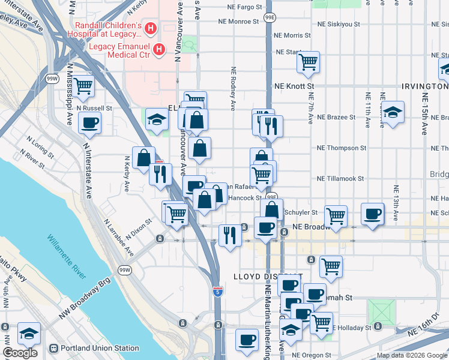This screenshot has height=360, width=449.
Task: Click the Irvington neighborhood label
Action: point(424,86)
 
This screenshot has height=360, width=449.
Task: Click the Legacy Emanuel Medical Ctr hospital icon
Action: point(159,49)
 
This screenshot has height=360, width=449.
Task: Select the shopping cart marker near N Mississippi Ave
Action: point(83,86)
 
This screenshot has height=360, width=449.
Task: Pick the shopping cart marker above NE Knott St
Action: point(308,61)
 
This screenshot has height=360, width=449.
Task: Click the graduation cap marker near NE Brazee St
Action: point(393,112)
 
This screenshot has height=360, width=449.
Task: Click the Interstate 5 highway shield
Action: point(218,292)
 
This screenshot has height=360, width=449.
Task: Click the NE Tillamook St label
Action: point(341,179)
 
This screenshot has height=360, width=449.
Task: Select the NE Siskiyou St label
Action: point(339,25)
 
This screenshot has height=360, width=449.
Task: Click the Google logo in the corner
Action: point(20,352)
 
